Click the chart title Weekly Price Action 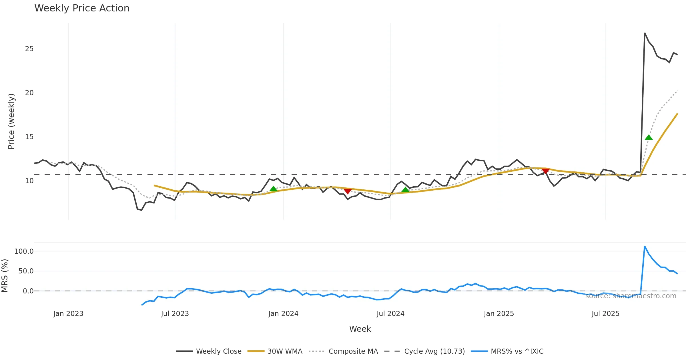[82, 8]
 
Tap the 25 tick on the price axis [29, 49]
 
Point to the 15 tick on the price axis [29, 137]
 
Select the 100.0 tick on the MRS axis [24, 251]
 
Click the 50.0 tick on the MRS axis [26, 271]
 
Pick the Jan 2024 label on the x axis [283, 314]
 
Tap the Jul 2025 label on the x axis [605, 314]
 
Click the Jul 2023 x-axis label [175, 314]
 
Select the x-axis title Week [360, 329]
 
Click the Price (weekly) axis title [11, 121]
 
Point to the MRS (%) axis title [5, 276]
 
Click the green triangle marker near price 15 [649, 137]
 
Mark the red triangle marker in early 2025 [545, 171]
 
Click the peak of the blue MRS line [645, 246]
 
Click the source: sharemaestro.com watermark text [631, 296]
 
